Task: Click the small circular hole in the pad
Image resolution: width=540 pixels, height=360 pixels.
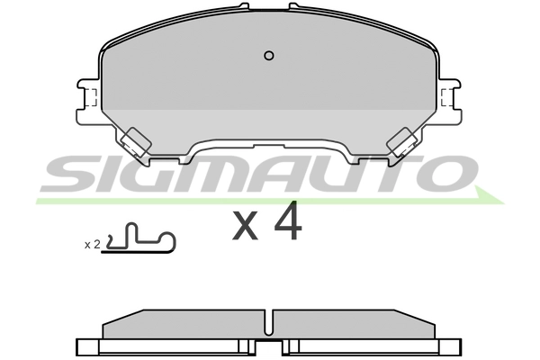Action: click(x=268, y=56)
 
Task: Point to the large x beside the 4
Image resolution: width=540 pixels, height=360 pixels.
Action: click(x=245, y=228)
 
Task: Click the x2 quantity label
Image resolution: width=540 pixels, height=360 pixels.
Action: click(x=91, y=244)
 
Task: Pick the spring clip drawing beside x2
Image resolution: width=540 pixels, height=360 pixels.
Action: click(x=139, y=240)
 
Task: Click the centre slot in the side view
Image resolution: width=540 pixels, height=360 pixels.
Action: click(x=270, y=325)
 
